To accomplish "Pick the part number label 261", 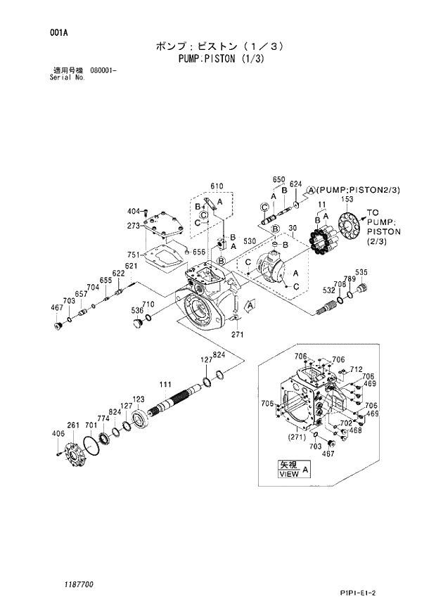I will (x=72, y=425).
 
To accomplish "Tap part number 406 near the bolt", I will (x=58, y=434).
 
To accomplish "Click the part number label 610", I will (x=217, y=186).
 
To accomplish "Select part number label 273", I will (x=134, y=226).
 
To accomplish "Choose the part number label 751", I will (x=134, y=255).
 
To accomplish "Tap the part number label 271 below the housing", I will (x=238, y=335).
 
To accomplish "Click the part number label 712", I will (x=356, y=369).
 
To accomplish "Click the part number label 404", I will (x=133, y=212).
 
